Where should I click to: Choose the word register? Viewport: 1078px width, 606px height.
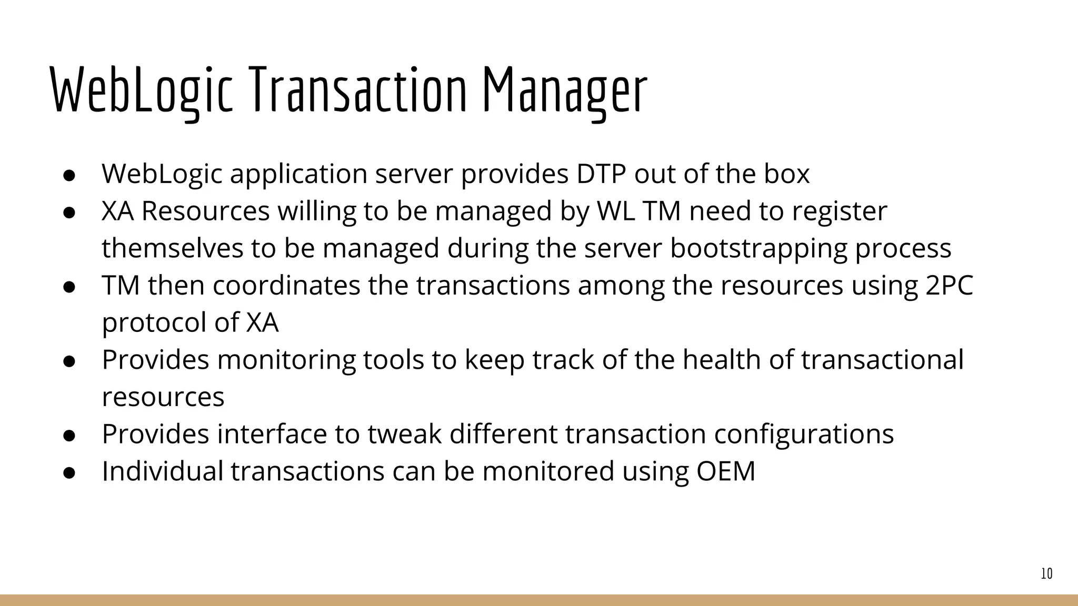840,212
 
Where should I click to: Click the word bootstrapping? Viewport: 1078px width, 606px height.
758,249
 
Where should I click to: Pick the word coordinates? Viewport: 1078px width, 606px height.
286,286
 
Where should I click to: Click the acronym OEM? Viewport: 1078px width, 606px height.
726,471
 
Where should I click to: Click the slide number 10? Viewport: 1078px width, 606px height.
1046,574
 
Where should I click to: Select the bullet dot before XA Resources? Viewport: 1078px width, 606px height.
69,212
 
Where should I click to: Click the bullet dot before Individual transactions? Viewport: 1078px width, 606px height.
69,472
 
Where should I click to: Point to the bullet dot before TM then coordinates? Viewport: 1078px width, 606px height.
69,287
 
